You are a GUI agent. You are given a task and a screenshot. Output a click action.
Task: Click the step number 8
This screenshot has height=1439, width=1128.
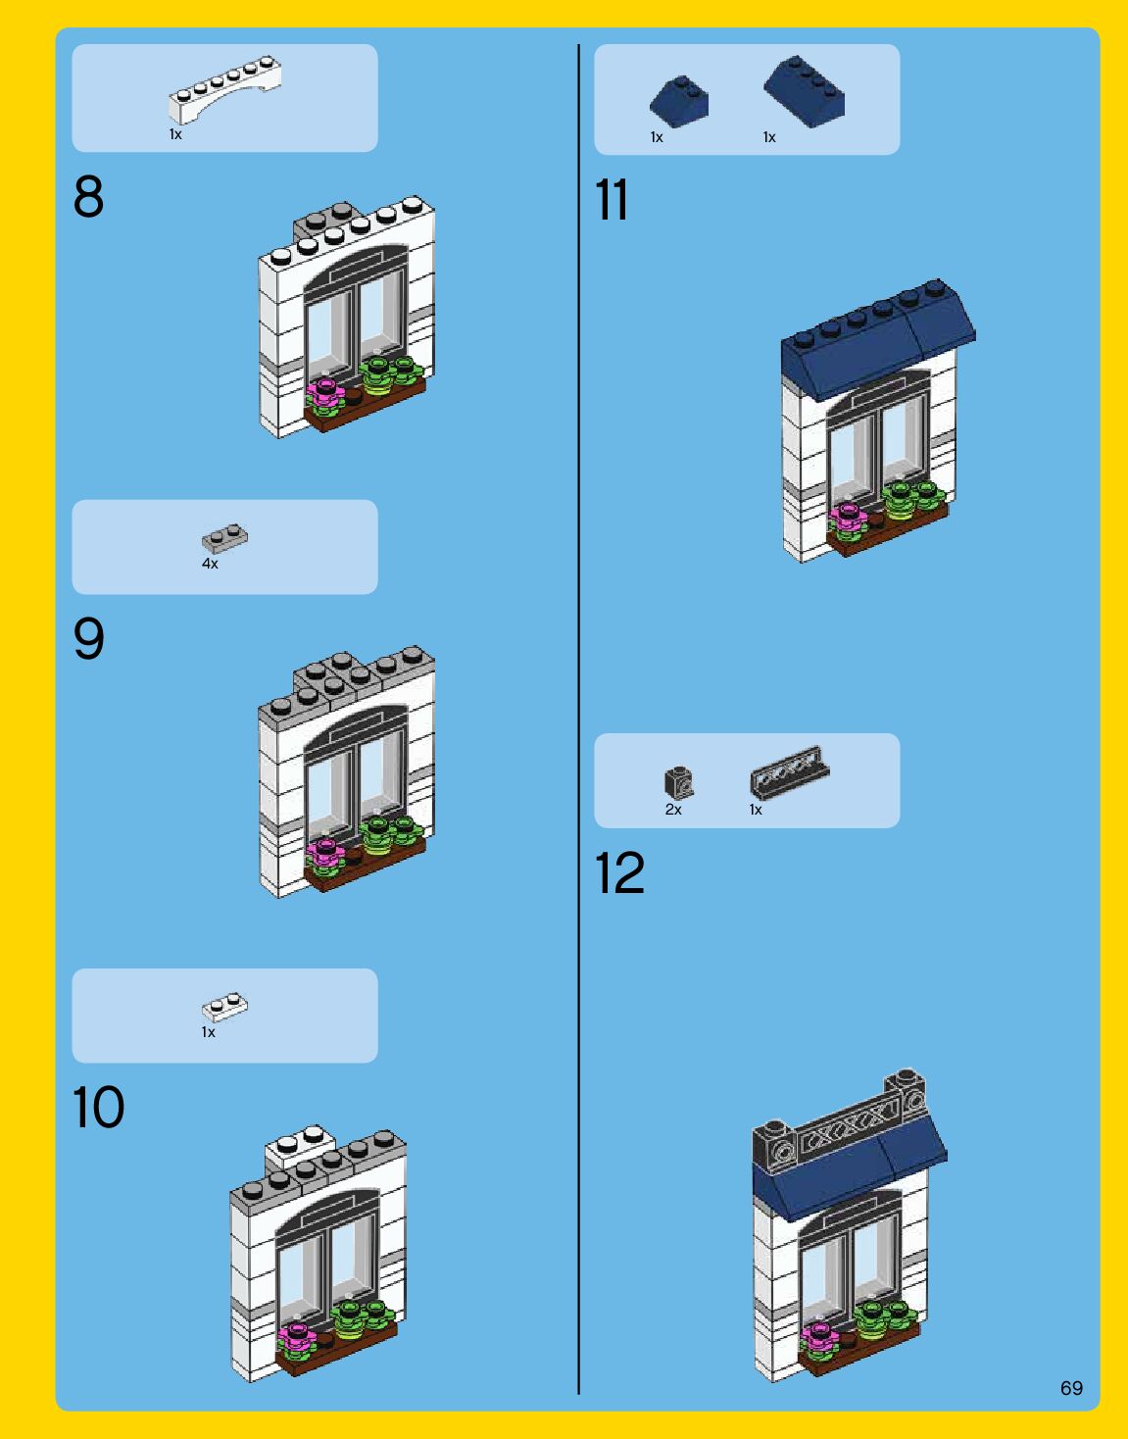(x=89, y=196)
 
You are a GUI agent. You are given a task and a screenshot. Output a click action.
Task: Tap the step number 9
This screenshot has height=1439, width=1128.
(x=89, y=638)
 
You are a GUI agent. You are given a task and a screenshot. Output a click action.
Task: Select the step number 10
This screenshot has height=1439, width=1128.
(x=98, y=1107)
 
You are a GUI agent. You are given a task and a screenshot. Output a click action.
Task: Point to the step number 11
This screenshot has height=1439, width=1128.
(x=611, y=199)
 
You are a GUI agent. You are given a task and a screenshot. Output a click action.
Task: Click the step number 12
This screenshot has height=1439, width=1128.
(x=619, y=872)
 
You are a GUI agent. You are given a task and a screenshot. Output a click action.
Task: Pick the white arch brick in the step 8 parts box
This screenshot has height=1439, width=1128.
(x=224, y=89)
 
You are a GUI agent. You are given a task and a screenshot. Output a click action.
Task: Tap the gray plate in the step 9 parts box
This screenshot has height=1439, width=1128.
(x=225, y=539)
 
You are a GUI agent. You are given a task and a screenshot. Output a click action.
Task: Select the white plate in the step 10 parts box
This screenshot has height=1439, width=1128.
(x=225, y=1008)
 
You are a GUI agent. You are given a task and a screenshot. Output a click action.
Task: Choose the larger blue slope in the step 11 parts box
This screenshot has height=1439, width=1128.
(x=805, y=91)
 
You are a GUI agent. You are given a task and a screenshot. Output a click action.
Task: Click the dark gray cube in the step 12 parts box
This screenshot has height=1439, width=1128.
(x=678, y=782)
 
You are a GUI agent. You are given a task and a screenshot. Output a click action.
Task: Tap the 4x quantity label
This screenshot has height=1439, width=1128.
(x=210, y=564)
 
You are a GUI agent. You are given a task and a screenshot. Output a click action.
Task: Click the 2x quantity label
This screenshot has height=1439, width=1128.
(x=673, y=810)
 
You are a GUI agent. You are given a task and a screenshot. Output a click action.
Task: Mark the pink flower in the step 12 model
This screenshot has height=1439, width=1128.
(x=819, y=1336)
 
